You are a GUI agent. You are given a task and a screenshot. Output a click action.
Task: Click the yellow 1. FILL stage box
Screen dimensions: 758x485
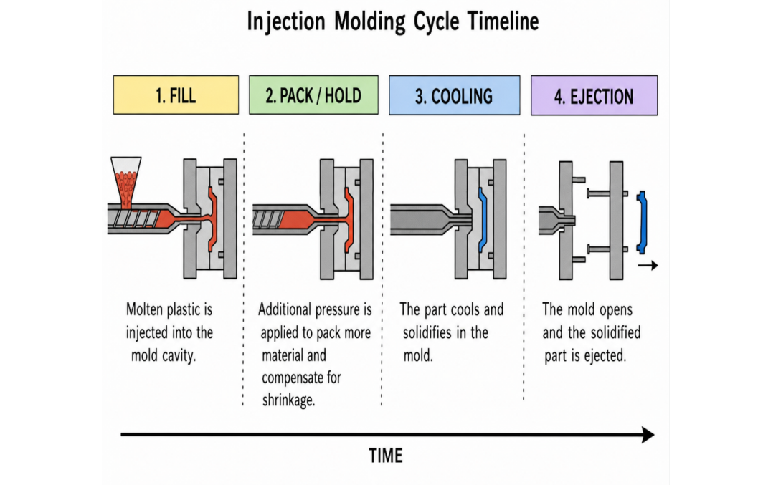[x=176, y=95]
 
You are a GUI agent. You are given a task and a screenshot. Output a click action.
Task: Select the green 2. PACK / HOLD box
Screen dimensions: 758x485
[x=313, y=95]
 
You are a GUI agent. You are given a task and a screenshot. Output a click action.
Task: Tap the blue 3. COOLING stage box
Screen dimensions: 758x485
[x=455, y=95]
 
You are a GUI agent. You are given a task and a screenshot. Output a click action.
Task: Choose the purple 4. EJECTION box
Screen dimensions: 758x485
[x=594, y=95]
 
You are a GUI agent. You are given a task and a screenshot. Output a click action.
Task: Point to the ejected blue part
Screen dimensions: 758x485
[x=642, y=222]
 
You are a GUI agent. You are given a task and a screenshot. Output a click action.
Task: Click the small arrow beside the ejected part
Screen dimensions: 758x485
[x=648, y=265]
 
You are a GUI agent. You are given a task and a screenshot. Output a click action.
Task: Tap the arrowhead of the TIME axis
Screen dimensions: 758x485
[x=648, y=435]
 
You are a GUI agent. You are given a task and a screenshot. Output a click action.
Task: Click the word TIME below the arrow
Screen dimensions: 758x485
[x=386, y=456]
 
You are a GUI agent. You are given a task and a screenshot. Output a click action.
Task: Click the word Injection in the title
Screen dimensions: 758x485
[x=286, y=22]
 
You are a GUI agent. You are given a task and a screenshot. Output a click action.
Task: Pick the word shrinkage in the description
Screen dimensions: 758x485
[x=288, y=400]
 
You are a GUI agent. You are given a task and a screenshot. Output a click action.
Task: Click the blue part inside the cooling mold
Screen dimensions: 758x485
[x=482, y=220]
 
